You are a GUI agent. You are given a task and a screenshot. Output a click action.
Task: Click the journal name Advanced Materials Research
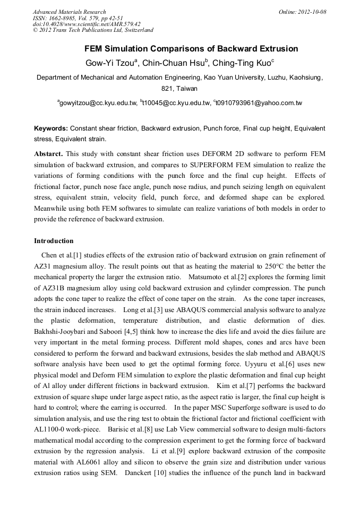click(x=69, y=12)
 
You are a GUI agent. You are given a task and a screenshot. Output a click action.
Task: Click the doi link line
click(x=87, y=24)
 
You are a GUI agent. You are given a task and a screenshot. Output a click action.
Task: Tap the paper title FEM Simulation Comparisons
click(x=191, y=49)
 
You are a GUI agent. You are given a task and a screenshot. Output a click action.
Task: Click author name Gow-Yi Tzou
click(x=110, y=63)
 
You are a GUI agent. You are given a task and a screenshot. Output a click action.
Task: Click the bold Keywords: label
click(x=51, y=129)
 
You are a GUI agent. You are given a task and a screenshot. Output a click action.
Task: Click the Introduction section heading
click(x=54, y=241)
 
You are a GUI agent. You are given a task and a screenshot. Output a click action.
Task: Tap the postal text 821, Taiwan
click(x=179, y=89)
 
